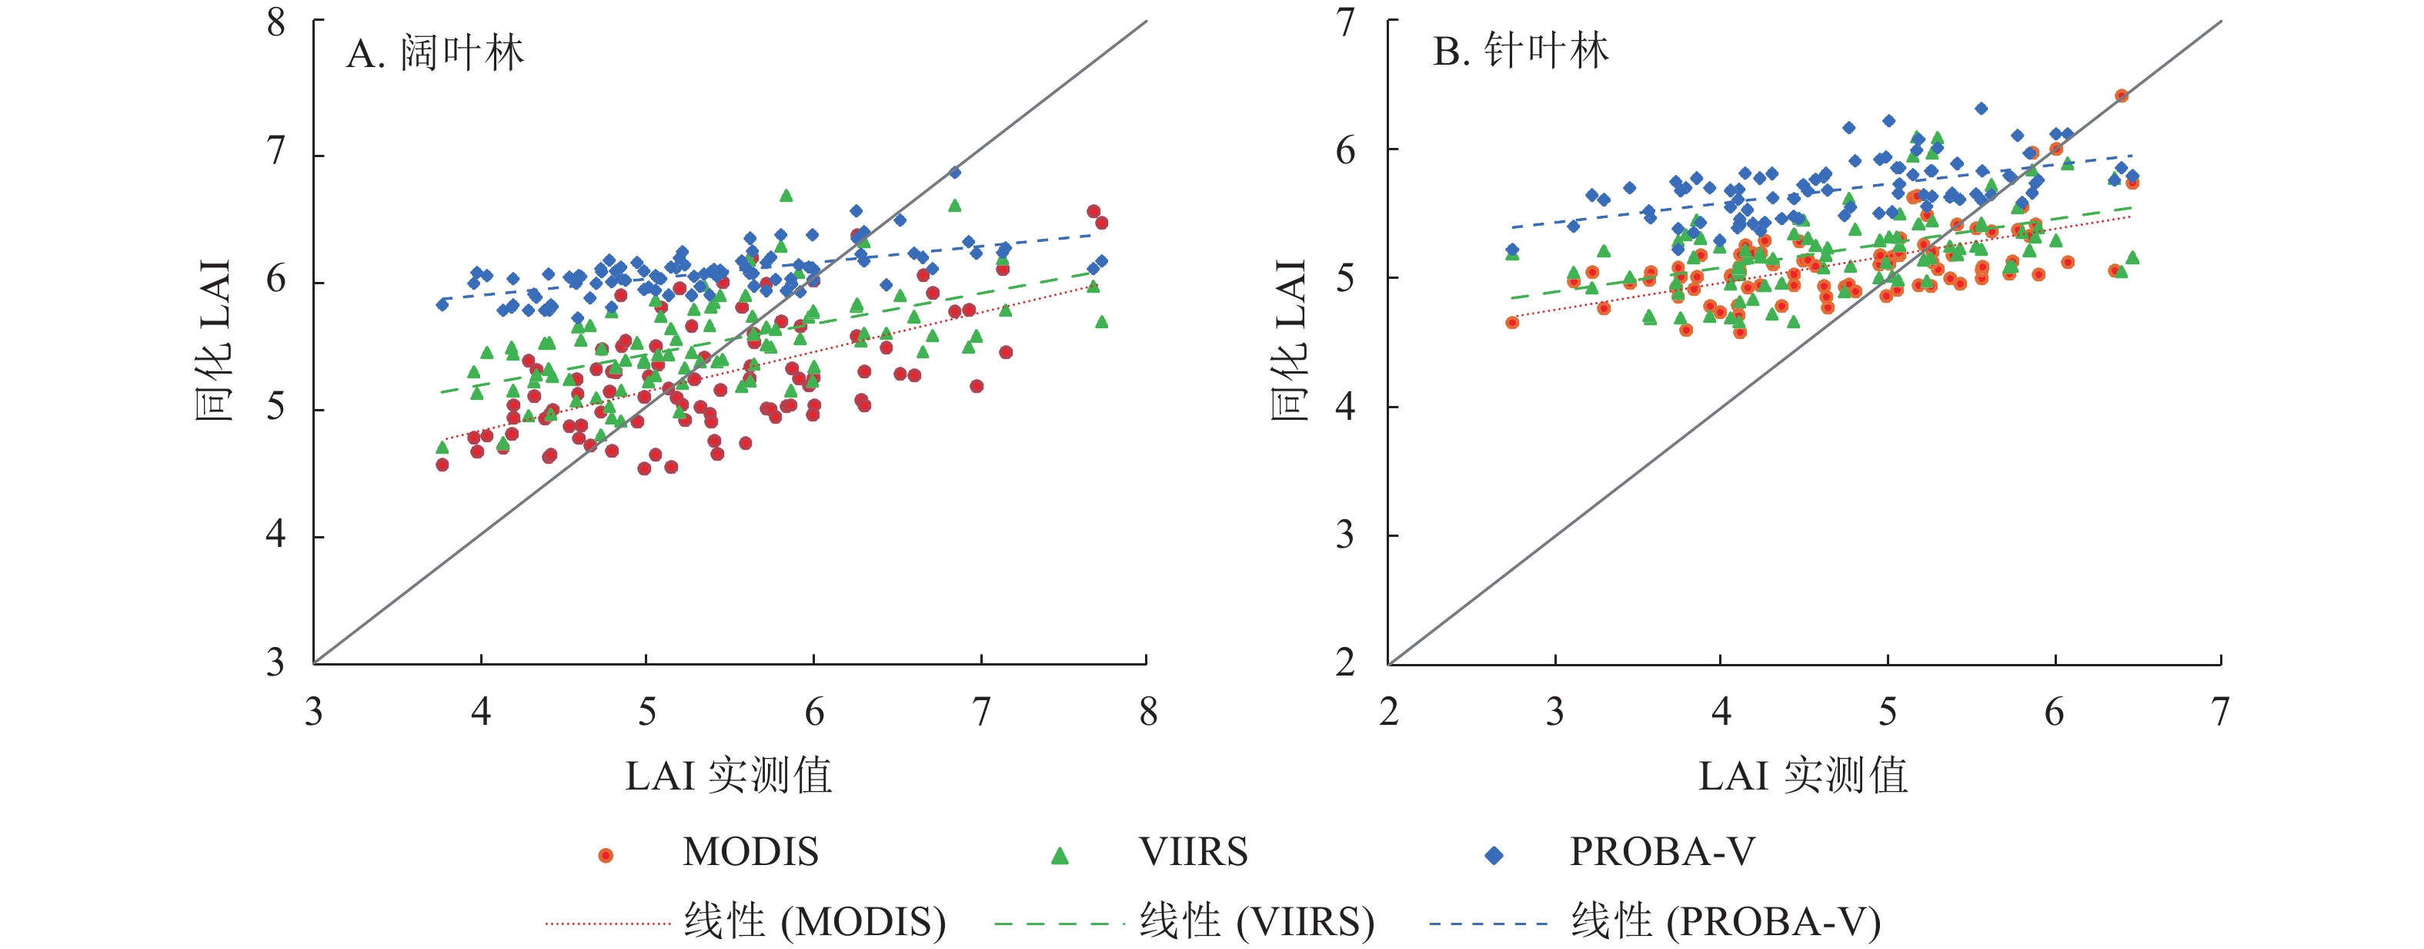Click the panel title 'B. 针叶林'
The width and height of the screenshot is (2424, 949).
point(1520,51)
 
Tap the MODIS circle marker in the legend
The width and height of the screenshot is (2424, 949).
point(606,855)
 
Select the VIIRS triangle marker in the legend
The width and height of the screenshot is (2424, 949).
point(1060,855)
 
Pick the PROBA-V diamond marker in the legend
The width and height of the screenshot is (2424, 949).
point(1494,855)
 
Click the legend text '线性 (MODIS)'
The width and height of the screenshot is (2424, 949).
point(815,920)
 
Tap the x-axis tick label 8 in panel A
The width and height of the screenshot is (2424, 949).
point(1148,713)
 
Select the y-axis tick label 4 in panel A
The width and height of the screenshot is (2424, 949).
point(275,535)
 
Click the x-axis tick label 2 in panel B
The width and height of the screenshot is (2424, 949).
point(1389,713)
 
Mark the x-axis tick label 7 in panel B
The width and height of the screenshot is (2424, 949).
point(2221,713)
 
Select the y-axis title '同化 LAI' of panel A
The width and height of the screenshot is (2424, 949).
point(215,340)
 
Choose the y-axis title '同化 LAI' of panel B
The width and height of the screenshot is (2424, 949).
point(1289,340)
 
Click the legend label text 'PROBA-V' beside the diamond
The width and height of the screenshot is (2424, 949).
point(1662,852)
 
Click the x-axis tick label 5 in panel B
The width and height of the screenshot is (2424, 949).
point(1888,713)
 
